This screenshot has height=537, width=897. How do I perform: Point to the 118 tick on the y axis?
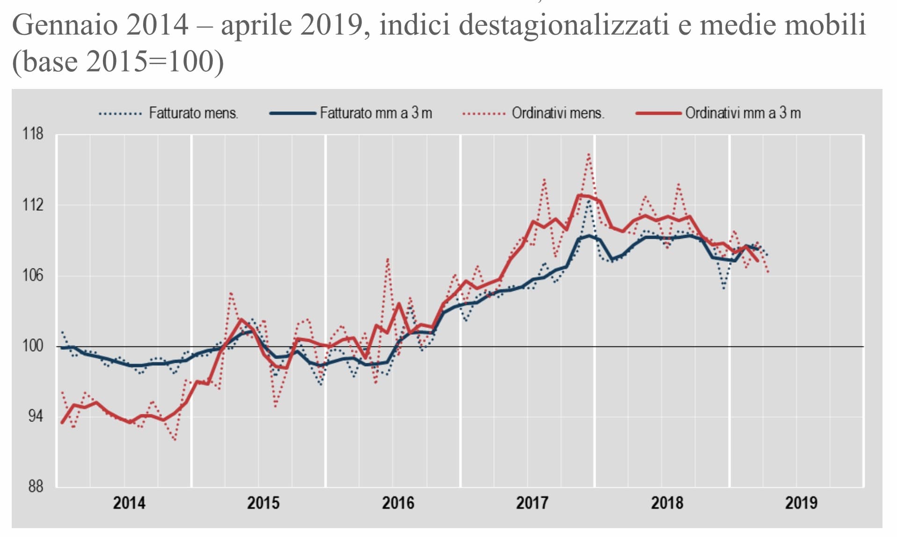click(x=33, y=134)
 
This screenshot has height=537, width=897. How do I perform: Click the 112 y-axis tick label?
click(x=33, y=205)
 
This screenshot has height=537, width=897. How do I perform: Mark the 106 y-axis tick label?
click(x=33, y=275)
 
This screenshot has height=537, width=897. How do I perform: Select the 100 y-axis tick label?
click(x=33, y=346)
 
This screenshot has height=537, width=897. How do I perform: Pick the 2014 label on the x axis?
click(x=129, y=503)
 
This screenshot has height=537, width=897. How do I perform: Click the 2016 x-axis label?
click(x=398, y=503)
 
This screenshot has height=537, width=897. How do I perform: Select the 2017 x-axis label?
click(x=532, y=503)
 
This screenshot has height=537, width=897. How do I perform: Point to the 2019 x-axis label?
click(x=801, y=503)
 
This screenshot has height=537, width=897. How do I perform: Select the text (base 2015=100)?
click(x=118, y=61)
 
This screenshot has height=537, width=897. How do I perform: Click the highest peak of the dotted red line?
click(x=589, y=154)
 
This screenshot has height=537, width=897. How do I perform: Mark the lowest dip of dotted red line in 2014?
click(x=175, y=440)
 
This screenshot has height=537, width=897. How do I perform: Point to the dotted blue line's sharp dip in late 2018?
click(x=724, y=288)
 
